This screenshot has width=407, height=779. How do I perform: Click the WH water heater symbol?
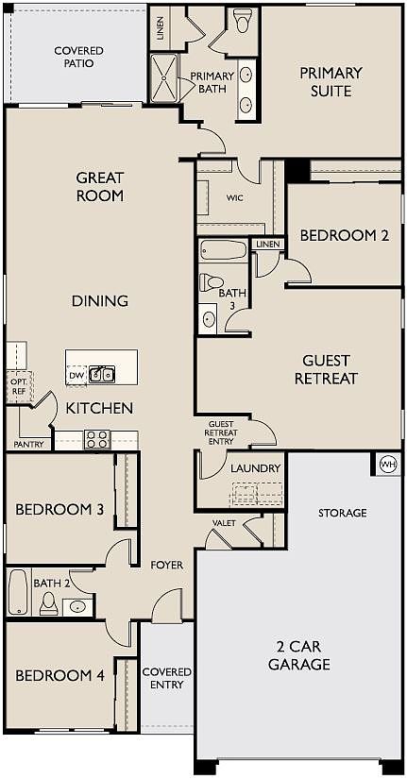coord(388,465)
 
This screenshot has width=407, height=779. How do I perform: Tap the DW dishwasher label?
coord(76,375)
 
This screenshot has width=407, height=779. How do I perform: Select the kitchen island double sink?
coord(102,374)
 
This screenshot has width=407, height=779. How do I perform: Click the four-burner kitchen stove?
coord(97,439)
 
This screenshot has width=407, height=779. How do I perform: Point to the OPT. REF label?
coord(19,386)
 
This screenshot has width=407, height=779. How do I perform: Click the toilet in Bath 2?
coord(49,602)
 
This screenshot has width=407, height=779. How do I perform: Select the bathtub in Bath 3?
coord(223,250)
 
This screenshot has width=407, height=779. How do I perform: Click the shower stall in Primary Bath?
coord(163,78)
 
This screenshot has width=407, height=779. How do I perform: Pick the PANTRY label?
coord(28,444)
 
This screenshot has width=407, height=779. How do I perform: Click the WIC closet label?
coord(234,198)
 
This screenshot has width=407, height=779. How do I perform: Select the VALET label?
coord(224,523)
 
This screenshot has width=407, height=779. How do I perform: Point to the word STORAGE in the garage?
coord(343,513)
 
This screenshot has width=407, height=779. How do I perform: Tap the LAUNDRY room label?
coord(255,468)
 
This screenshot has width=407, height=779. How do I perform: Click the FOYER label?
coord(167,565)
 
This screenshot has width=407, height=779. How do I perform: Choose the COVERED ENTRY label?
coord(167,678)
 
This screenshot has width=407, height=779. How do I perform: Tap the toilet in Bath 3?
coord(212,283)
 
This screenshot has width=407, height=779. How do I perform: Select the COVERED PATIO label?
coord(79,58)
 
